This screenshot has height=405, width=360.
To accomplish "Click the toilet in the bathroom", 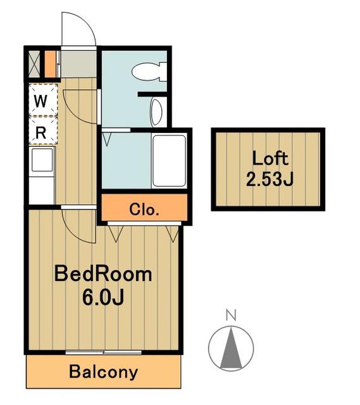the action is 149,72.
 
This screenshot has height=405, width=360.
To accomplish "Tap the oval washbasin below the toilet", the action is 156,113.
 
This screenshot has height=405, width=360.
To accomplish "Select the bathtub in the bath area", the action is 170,160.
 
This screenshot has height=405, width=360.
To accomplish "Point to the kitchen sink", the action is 42,160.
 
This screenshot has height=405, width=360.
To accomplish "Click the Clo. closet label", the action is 144,209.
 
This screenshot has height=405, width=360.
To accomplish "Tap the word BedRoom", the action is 103,274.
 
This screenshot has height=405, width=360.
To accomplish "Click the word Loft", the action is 270,158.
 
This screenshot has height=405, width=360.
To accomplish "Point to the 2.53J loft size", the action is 270,178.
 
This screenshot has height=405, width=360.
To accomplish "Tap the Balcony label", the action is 103,372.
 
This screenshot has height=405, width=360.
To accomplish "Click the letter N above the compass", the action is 231,315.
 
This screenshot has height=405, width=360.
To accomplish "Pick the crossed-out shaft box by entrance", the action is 34,64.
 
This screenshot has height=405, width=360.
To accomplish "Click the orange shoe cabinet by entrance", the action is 51,64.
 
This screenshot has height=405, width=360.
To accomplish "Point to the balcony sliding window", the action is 103,352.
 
